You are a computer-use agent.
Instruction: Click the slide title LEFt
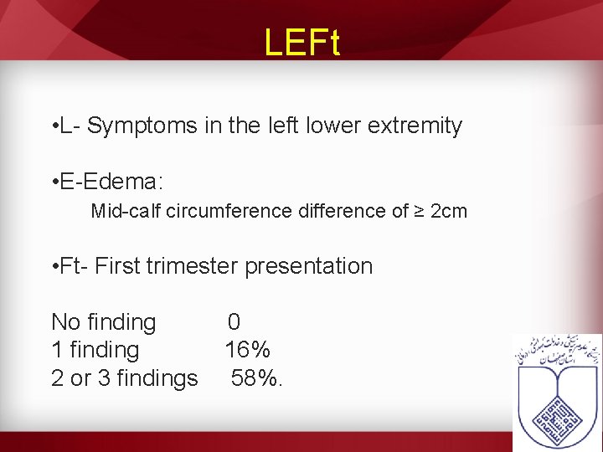point(301,43)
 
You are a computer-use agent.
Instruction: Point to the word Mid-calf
point(126,211)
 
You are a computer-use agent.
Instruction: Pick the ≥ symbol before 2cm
point(419,211)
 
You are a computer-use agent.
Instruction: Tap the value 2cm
point(448,211)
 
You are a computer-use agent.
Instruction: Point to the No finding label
point(104,322)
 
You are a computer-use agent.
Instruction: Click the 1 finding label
point(95,350)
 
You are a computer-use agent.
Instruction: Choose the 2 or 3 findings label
point(125,378)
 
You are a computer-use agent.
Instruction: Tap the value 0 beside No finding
point(234,322)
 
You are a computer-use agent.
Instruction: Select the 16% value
point(247,350)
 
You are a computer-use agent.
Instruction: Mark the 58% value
point(255,378)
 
